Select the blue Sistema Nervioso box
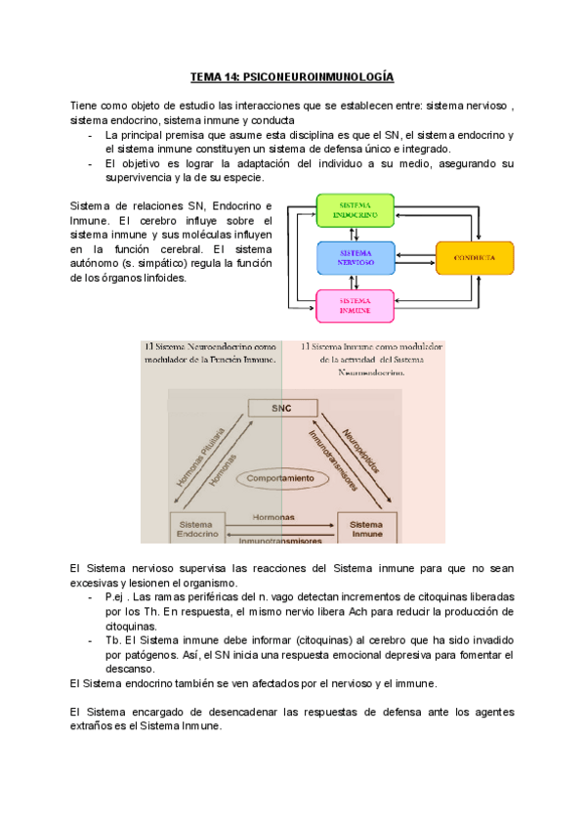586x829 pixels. point(356,257)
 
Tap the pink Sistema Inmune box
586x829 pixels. point(356,305)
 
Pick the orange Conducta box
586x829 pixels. point(474,257)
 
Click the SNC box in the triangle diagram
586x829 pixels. point(281,408)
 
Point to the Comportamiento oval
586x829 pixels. point(280,479)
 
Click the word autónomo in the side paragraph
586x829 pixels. point(97,263)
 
